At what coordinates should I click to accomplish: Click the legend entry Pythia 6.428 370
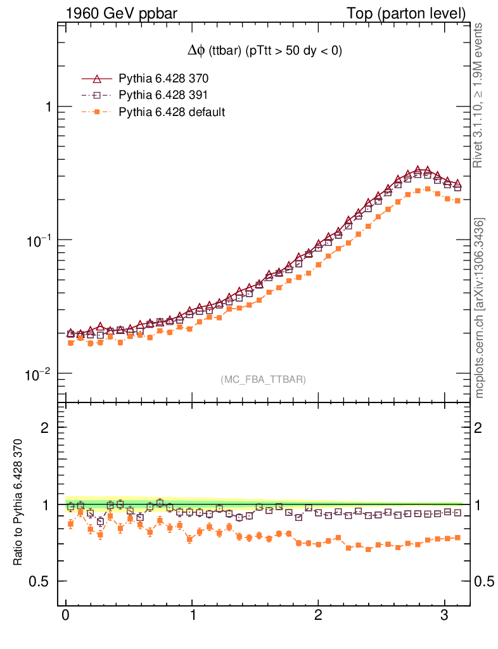163,79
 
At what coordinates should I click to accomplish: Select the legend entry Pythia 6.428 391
163,96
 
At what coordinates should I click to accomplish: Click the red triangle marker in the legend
97,79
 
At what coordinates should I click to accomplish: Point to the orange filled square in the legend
97,112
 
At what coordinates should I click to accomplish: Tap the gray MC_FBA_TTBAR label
263,380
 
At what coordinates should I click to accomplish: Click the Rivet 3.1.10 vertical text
480,96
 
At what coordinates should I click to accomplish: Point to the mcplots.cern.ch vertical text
480,308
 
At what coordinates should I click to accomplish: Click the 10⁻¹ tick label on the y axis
39,240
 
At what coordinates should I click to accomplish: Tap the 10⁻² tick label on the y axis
39,374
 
